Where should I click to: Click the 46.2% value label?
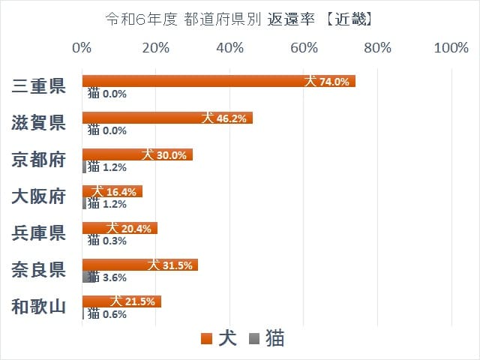coord(232,118)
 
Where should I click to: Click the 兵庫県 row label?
coord(40,233)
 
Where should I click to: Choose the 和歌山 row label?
coord(40,307)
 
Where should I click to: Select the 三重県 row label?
coord(40,86)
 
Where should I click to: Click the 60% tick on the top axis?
coord(304,49)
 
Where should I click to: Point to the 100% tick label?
coord(451,49)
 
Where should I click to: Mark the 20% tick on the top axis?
coord(155,49)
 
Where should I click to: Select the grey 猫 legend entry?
coord(267,339)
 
